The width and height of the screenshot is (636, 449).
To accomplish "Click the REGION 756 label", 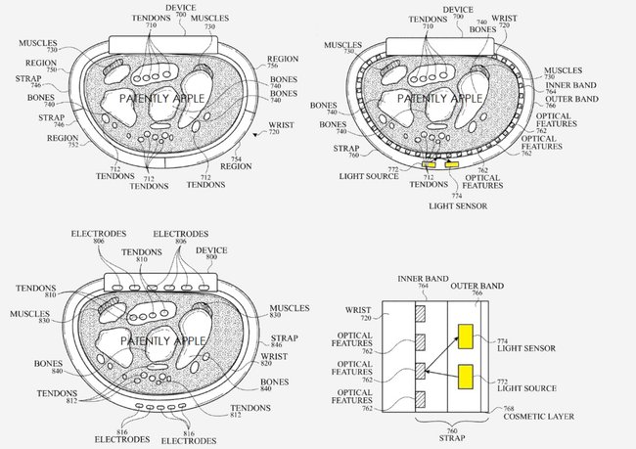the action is pyautogui.click(x=283, y=62).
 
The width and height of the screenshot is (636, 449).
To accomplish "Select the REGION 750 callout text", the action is pyautogui.click(x=41, y=66).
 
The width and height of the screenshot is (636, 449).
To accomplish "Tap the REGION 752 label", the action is pyautogui.click(x=63, y=141).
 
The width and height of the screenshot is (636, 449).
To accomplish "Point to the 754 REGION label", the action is pyautogui.click(x=236, y=163).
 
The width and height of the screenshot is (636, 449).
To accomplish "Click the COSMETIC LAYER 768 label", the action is pyautogui.click(x=538, y=414).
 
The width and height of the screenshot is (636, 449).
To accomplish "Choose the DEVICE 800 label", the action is pyautogui.click(x=211, y=253).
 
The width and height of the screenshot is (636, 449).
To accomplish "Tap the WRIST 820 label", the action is pyautogui.click(x=274, y=359).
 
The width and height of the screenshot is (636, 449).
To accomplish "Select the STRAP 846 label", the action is pyautogui.click(x=285, y=340).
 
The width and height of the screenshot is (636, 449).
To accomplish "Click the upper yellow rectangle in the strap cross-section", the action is pyautogui.click(x=465, y=337).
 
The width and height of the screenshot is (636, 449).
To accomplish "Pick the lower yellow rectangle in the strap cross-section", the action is pyautogui.click(x=465, y=377).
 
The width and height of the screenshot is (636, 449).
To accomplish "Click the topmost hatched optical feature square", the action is pyautogui.click(x=420, y=314).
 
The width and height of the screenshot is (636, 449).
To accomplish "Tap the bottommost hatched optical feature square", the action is pyautogui.click(x=420, y=399).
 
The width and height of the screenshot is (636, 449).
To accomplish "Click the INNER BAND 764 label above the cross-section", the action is pyautogui.click(x=423, y=282).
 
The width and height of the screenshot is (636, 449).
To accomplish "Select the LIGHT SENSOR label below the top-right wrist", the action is pyautogui.click(x=458, y=206).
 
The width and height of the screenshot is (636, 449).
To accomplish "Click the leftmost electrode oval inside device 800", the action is pyautogui.click(x=117, y=288).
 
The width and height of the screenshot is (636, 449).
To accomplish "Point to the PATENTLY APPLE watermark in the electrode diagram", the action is pyautogui.click(x=163, y=340).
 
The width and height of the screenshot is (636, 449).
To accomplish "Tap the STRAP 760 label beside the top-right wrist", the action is pyautogui.click(x=346, y=152).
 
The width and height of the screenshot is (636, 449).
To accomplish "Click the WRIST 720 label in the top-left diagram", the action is pyautogui.click(x=281, y=128).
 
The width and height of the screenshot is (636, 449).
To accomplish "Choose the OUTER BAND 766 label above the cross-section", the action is pyautogui.click(x=477, y=289).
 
